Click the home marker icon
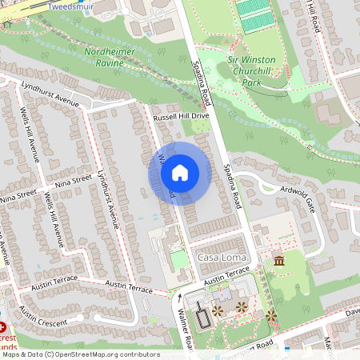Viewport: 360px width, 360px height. tap(180, 172)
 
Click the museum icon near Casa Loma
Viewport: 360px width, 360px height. tap(278, 262)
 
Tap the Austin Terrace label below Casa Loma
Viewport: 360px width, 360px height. tap(227, 274)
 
